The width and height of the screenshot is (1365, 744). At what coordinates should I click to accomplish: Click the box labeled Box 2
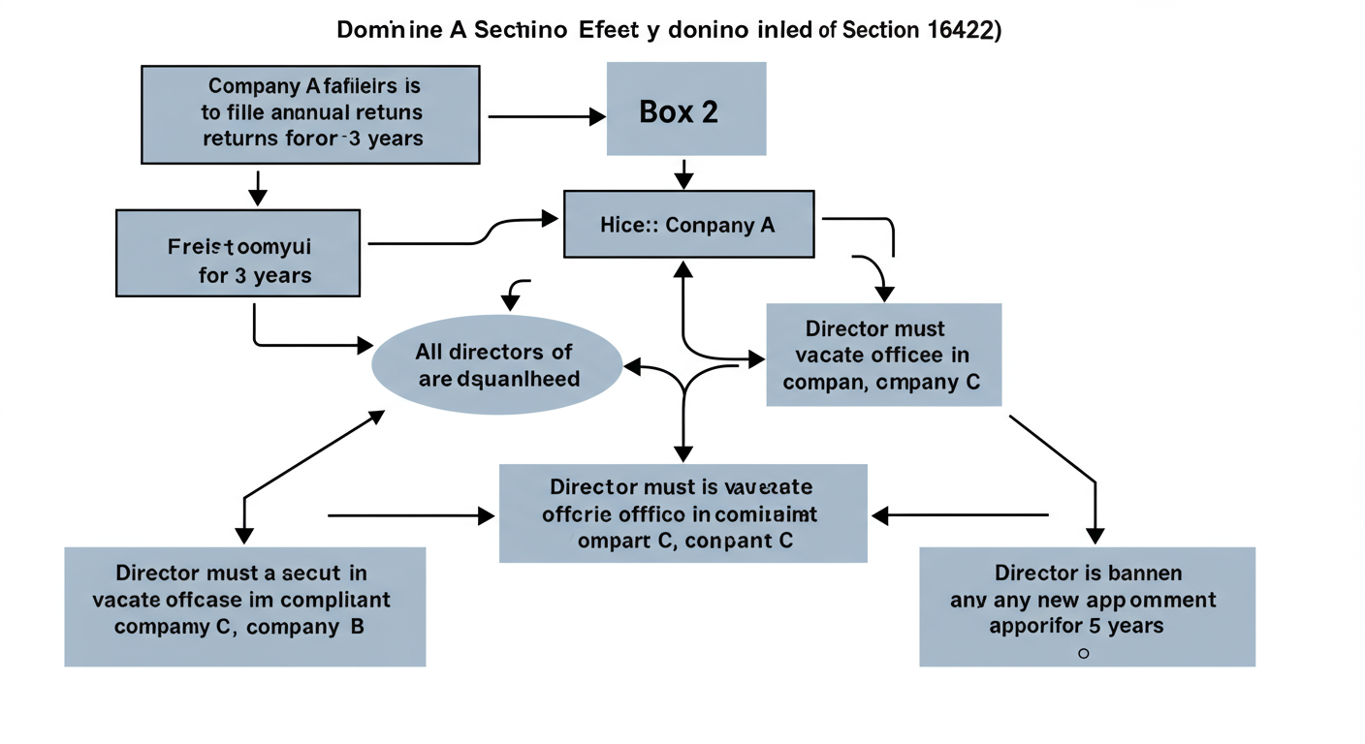click(685, 108)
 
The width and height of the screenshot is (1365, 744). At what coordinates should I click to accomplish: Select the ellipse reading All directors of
click(496, 364)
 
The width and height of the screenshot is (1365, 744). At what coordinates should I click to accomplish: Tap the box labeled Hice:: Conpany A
click(688, 225)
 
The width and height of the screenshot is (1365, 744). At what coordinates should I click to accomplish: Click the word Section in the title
click(879, 30)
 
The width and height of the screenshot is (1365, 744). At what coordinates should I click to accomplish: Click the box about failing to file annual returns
click(311, 114)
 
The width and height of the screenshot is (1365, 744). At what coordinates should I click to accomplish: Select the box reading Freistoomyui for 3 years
click(238, 253)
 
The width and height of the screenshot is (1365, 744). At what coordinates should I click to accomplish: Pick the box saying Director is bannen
click(1087, 606)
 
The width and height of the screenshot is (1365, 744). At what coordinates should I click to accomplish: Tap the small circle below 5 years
click(1083, 654)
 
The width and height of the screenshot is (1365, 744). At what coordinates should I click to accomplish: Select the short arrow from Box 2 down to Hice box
click(685, 173)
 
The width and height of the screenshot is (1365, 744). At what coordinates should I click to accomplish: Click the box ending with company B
click(244, 606)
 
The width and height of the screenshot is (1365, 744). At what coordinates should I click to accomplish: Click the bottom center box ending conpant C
click(682, 513)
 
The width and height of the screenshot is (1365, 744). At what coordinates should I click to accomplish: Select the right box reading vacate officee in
click(883, 355)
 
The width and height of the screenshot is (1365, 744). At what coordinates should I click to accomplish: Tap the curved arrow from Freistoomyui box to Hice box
click(465, 237)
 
